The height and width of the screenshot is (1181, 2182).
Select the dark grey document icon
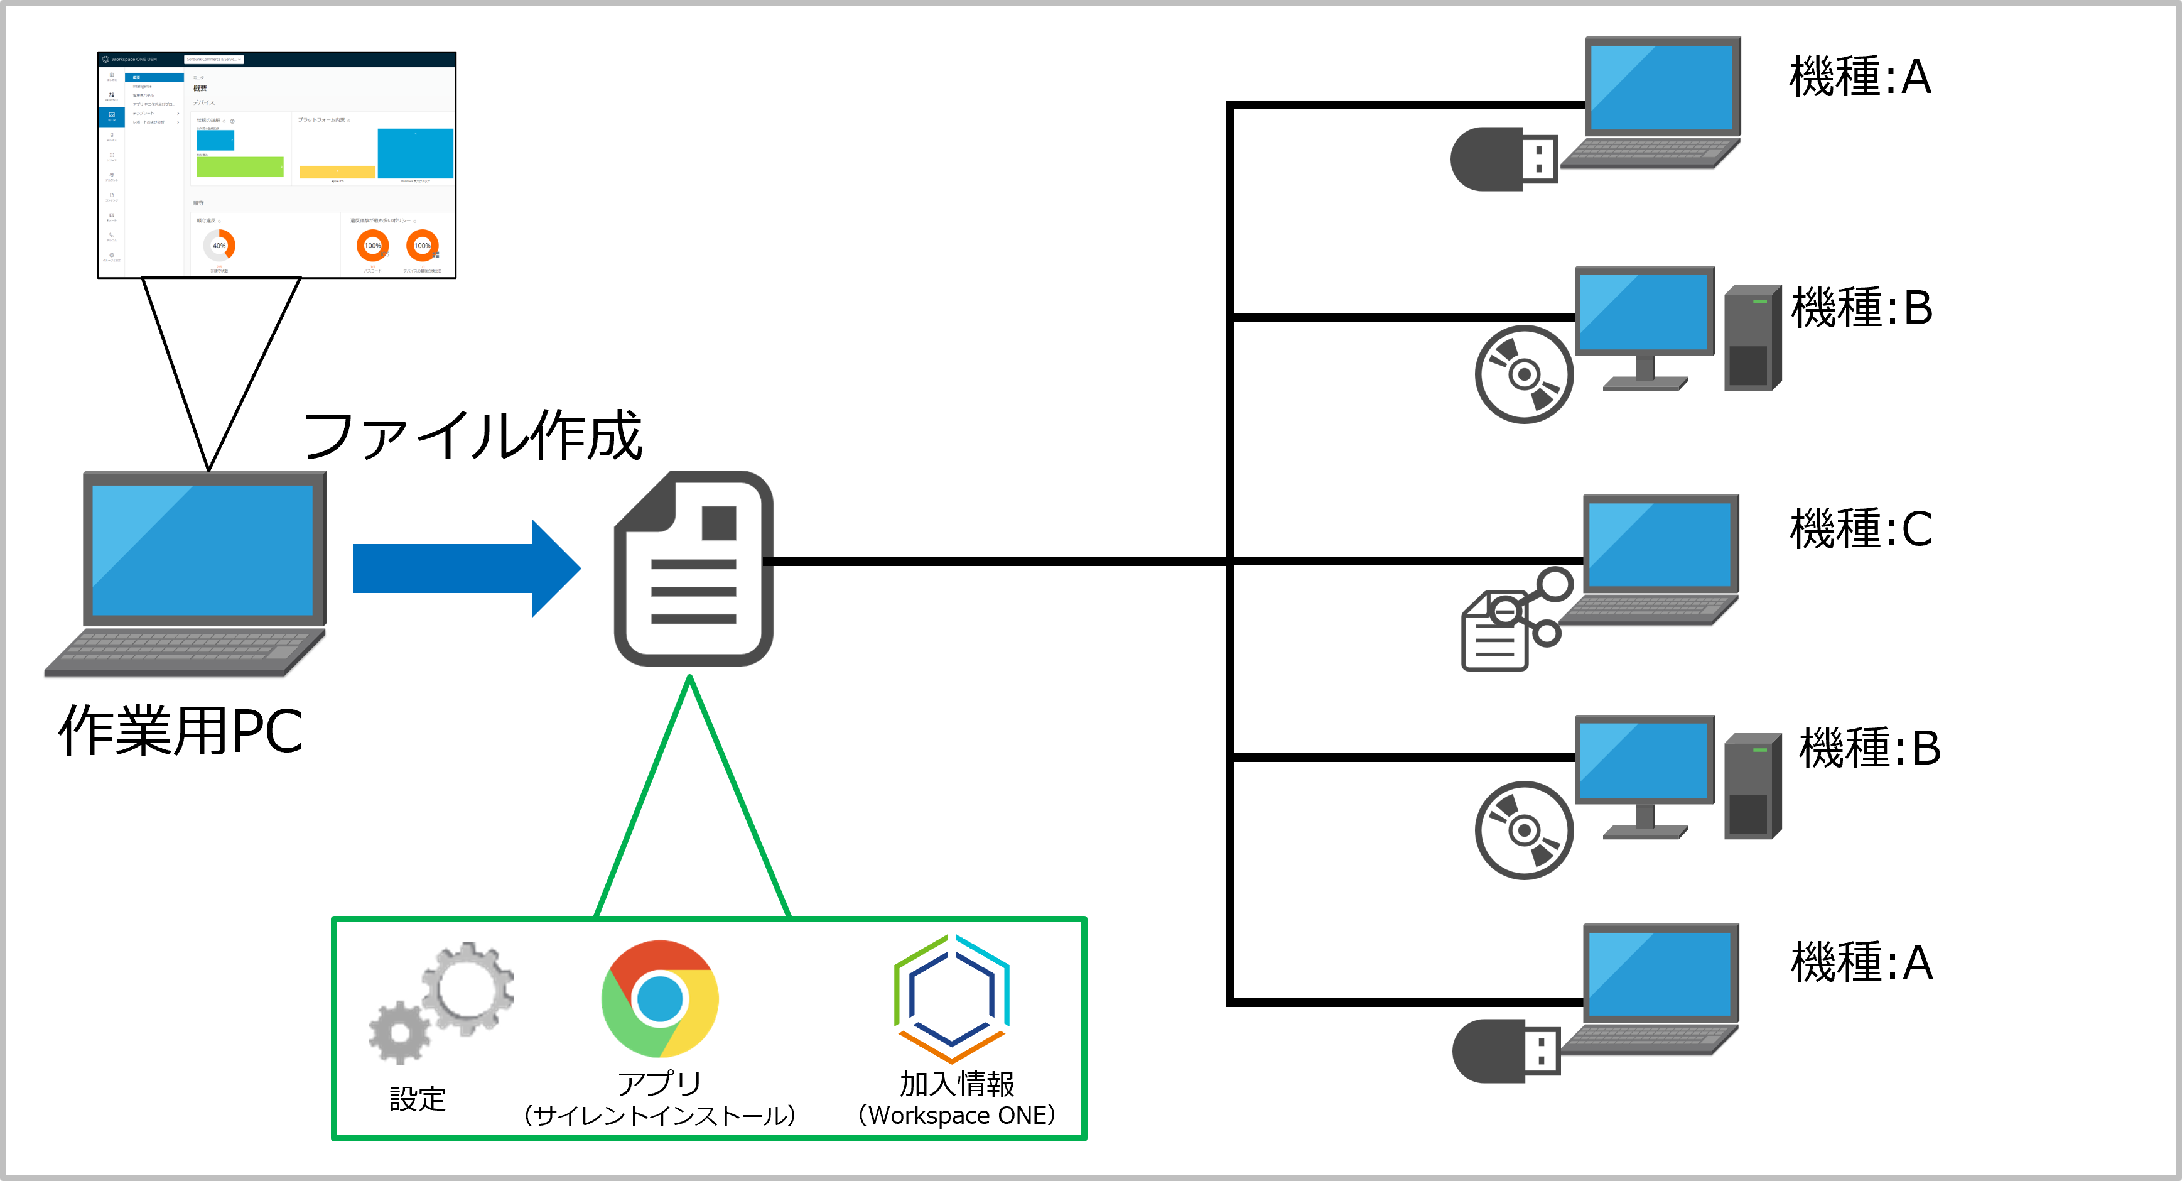(x=693, y=569)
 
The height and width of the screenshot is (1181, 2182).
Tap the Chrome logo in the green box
(x=660, y=998)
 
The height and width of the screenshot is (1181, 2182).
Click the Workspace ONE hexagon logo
(x=951, y=998)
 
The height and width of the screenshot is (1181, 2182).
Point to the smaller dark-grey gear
(x=399, y=1033)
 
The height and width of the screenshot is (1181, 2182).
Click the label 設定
(x=418, y=1099)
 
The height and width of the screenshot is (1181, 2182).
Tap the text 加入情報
(x=956, y=1084)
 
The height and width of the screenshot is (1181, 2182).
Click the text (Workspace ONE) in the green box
(x=956, y=1115)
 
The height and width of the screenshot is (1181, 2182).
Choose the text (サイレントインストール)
(x=660, y=1115)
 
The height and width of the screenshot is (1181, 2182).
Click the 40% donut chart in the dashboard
(x=219, y=246)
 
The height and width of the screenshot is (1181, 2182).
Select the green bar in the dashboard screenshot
(x=240, y=167)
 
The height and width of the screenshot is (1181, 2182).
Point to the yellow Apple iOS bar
(x=337, y=172)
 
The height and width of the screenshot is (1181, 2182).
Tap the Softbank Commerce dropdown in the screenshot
(x=213, y=59)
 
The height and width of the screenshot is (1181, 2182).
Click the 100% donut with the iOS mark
(x=373, y=246)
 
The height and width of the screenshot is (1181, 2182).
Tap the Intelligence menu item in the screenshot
(x=143, y=87)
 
